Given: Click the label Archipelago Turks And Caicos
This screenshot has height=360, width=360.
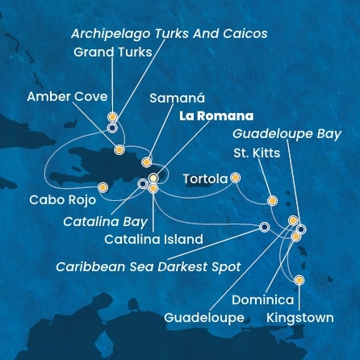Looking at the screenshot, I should point(169,34).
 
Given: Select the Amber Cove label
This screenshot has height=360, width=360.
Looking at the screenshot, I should point(66,97).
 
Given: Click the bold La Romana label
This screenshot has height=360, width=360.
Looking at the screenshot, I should point(209,115).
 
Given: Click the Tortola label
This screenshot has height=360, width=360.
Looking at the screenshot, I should point(204,178).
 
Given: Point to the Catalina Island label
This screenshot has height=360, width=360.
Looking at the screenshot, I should point(153,239).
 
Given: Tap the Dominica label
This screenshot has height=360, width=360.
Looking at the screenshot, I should point(263,299).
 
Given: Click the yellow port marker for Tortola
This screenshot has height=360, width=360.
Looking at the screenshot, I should point(235,178).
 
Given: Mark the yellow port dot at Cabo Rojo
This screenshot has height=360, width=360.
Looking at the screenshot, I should point(103,188).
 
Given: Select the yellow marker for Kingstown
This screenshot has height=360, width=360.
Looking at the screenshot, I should point(299,281).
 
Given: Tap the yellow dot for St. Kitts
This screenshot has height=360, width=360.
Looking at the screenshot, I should point(272,201).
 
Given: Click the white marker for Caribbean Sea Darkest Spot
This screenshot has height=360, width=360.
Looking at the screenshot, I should point(264,227).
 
